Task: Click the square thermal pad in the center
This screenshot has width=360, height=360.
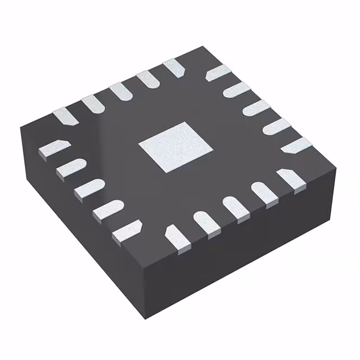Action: click(x=176, y=146)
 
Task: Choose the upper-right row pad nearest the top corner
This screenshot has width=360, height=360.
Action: click(x=218, y=73)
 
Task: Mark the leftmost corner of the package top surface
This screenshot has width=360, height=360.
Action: click(x=20, y=127)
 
